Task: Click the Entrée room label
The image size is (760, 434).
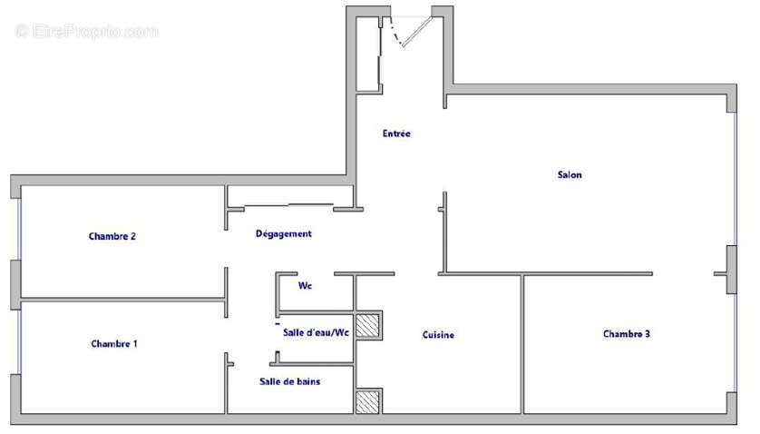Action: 396,133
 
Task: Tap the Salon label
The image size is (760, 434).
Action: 570,174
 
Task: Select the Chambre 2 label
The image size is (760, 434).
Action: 112,236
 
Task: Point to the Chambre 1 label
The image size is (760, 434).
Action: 114,343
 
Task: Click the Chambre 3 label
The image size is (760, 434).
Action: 627,334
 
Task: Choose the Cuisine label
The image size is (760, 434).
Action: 438,335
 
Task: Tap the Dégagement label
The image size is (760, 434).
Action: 283,233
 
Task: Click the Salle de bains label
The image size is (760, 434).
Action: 289,381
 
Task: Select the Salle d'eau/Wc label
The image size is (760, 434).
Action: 316,332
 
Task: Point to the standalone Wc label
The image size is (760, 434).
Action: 306,285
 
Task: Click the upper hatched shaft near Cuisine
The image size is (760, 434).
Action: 368,325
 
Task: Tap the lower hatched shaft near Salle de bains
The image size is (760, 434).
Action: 368,402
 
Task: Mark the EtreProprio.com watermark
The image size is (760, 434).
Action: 87,32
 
